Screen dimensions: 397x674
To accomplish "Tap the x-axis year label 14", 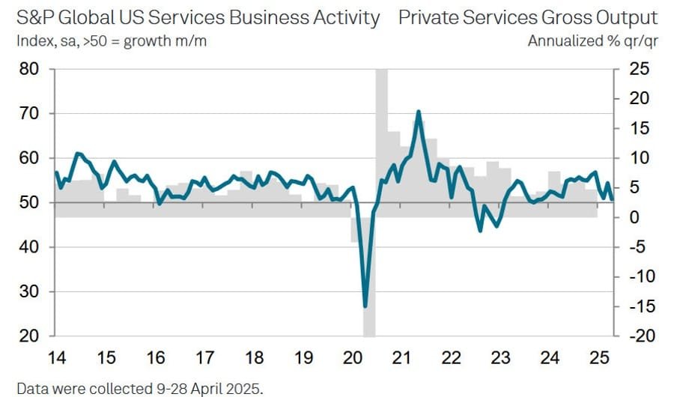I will [55, 358].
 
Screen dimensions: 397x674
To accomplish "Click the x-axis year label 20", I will [352, 358].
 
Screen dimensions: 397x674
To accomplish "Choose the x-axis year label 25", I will [600, 358].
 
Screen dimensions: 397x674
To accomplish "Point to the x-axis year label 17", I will [204, 358].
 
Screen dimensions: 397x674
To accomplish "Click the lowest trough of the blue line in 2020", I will [365, 306].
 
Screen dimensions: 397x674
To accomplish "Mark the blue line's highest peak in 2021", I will [418, 112].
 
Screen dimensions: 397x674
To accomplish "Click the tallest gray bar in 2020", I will [381, 135].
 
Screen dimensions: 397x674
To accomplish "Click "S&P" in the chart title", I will [34, 18].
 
